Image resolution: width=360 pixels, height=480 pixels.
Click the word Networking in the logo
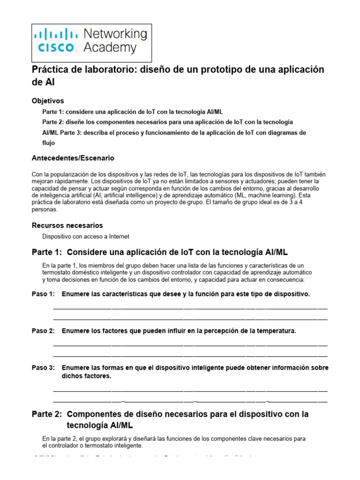115,34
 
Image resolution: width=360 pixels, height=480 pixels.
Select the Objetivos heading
48,101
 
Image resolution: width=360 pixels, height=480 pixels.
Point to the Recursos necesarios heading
67,225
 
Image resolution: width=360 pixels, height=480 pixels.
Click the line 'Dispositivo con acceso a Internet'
86,237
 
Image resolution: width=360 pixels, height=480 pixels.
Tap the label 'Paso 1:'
43,294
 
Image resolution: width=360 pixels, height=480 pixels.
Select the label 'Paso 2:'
43,331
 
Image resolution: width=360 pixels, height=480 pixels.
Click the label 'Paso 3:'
43,367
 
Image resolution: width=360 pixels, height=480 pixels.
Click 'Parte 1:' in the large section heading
46,252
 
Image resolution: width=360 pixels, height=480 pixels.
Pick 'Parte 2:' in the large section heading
46,414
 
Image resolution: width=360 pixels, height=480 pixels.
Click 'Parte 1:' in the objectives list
53,112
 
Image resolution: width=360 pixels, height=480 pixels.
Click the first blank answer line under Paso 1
190,308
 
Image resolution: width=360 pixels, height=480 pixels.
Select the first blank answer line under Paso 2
190,345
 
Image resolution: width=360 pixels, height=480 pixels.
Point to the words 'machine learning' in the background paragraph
271,195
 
